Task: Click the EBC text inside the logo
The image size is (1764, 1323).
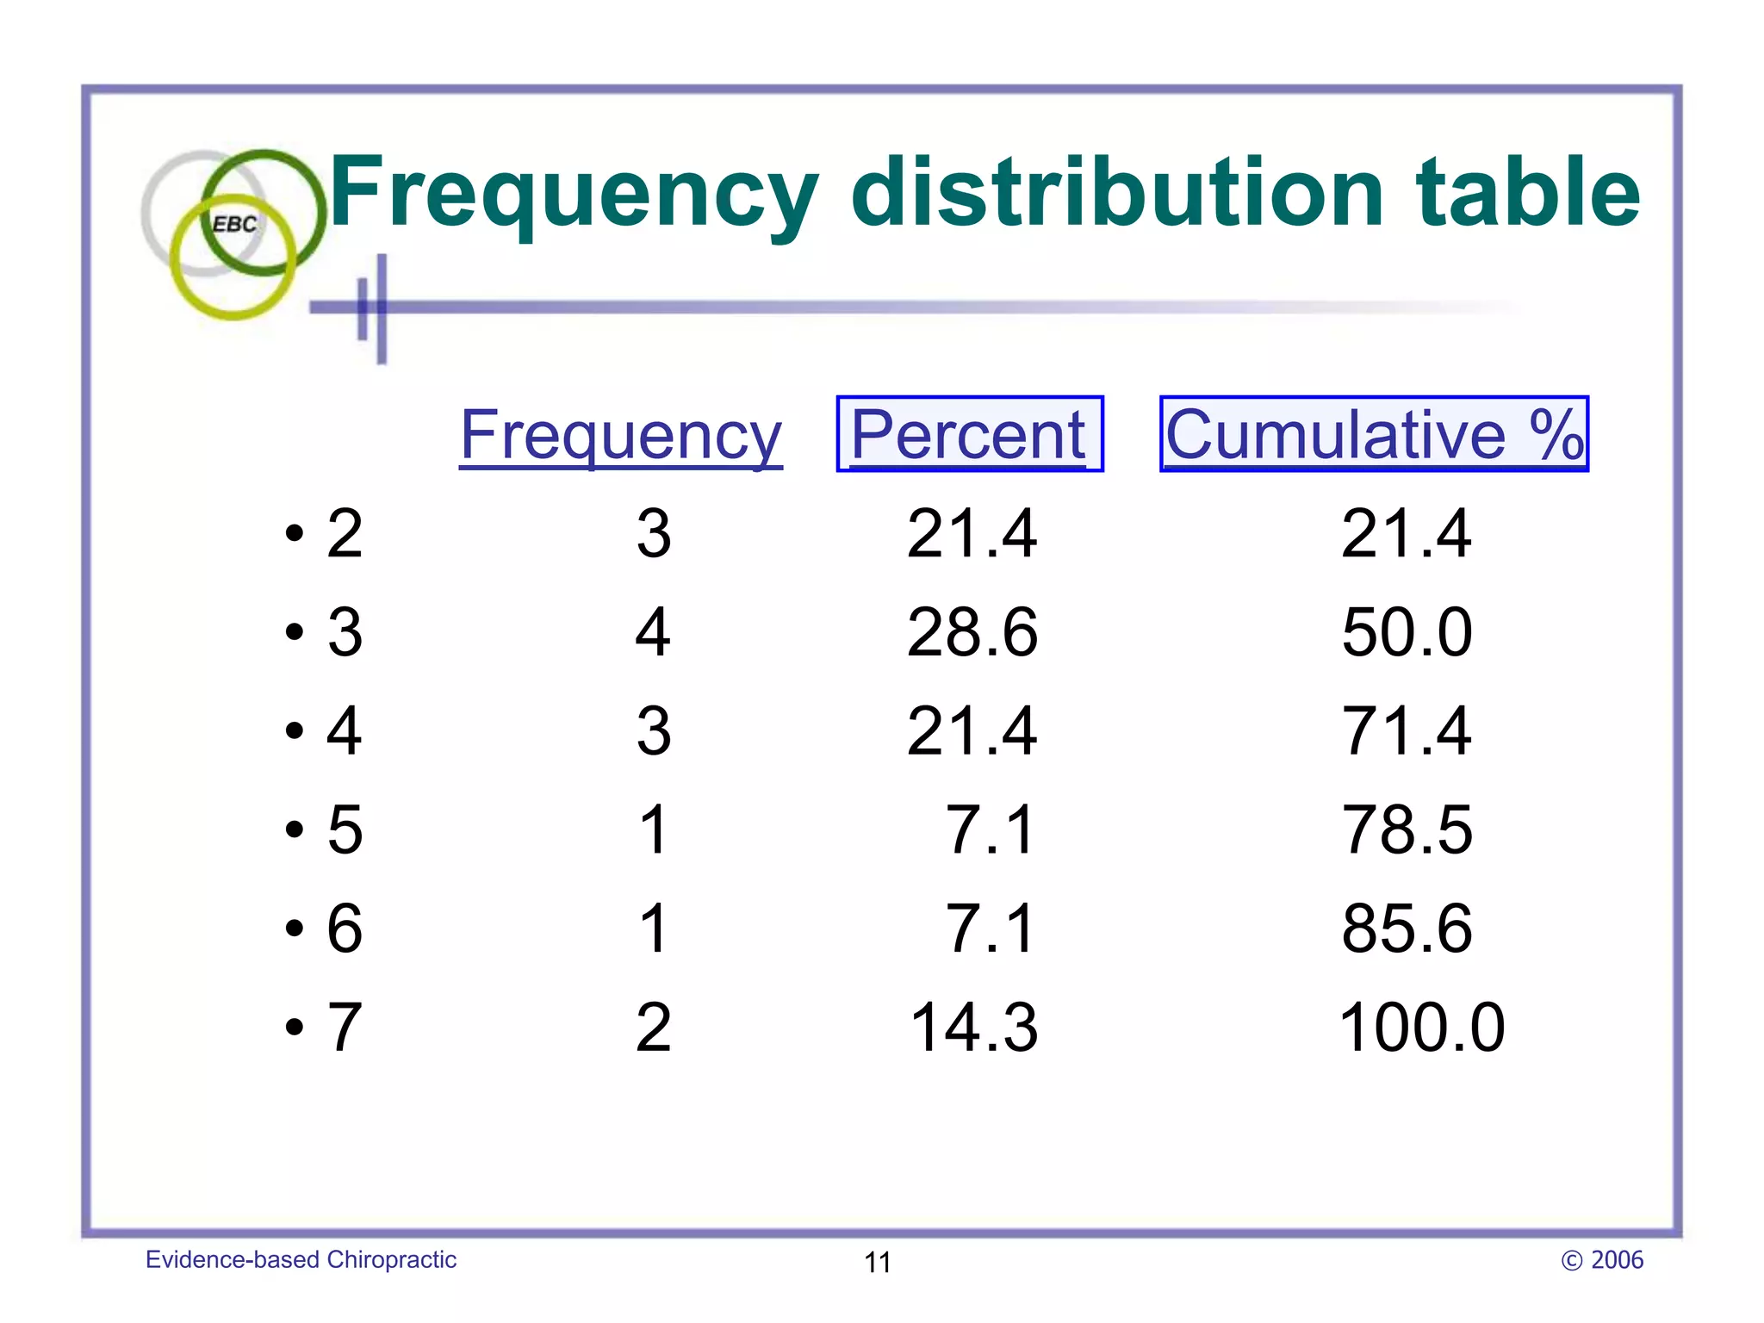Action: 234,224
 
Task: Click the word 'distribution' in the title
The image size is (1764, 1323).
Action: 1116,193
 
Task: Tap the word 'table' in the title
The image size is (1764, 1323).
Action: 1528,193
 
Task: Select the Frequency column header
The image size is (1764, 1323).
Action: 620,436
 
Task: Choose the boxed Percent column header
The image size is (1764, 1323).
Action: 969,435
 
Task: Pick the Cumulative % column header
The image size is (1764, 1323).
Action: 1374,435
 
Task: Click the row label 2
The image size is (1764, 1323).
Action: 345,533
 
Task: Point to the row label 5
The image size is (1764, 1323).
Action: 345,829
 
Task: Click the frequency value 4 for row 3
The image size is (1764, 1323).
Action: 653,632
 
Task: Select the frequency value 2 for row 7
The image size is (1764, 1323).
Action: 653,1028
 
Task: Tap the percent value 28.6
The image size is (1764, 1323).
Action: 972,632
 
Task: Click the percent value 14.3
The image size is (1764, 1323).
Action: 973,1028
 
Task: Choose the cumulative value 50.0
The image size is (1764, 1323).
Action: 1407,632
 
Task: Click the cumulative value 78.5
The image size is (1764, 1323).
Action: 1407,829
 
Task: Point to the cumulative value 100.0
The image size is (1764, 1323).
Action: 1421,1028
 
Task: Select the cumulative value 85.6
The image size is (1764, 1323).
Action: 1407,929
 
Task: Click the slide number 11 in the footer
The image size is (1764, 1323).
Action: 877,1262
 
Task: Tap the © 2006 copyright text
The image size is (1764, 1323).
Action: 1602,1260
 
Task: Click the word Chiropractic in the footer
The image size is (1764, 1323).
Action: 392,1260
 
